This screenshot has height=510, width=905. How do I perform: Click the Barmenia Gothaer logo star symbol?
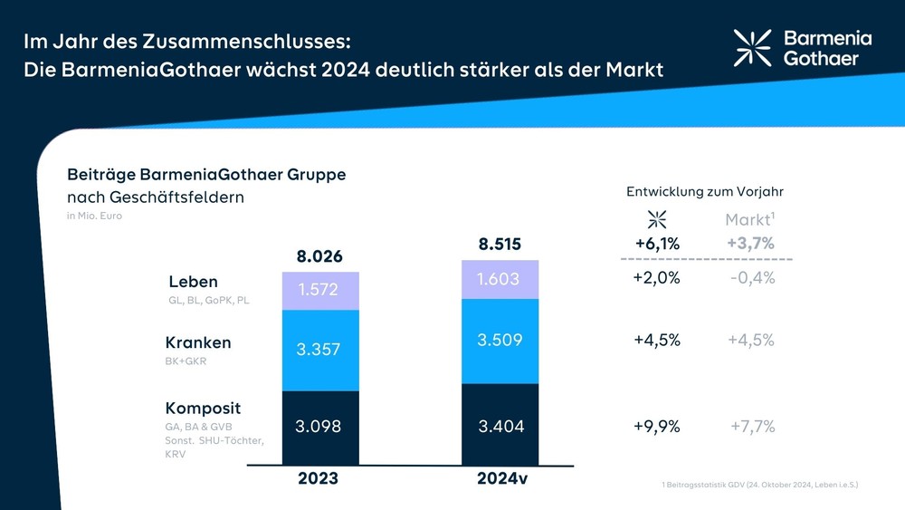coord(752,47)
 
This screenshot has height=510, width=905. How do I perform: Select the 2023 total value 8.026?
coord(319,256)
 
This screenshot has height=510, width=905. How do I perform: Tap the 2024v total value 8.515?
coord(500,245)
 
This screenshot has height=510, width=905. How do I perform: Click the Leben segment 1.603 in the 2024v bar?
coord(500,280)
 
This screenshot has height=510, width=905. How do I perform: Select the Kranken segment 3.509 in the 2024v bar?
coord(500,340)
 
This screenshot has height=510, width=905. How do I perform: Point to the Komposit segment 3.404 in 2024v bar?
coord(500,426)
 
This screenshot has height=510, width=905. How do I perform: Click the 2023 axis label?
coord(318,479)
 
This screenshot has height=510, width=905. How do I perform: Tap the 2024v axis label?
coord(501,479)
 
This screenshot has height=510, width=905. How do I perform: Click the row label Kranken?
coord(198,342)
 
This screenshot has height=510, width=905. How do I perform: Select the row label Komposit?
coord(203,408)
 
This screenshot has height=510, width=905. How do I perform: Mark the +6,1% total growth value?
coord(657,243)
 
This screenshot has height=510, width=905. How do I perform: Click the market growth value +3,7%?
coord(750,243)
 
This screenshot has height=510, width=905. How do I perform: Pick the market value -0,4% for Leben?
coord(752,278)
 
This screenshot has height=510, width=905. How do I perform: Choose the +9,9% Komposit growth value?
coord(657,426)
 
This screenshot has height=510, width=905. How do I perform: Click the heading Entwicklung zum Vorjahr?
coord(704,192)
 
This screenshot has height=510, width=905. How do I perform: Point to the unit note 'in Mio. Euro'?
coord(94,216)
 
